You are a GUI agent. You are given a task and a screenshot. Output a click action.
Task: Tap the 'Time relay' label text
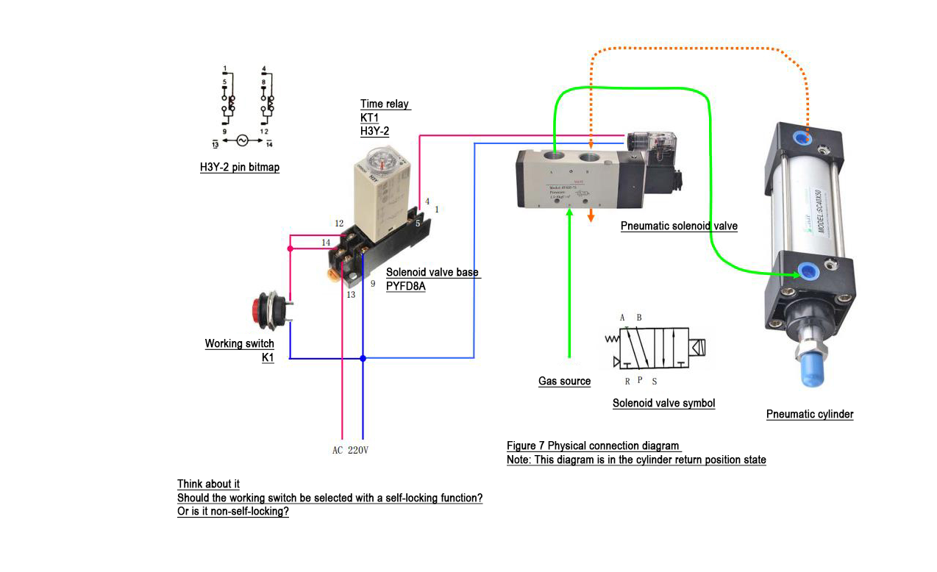385,104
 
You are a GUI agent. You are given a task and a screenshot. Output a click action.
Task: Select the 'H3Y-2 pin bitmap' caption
240,168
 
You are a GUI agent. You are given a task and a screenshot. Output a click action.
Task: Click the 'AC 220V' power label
350,450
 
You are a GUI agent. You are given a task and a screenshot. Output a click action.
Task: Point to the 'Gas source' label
564,382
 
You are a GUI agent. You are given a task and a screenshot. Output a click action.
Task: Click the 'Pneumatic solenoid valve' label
678,226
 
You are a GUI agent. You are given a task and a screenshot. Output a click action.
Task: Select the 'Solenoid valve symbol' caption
663,403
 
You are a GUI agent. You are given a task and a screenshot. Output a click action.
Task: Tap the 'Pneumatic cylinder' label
810,415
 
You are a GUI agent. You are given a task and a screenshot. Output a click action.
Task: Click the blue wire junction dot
363,359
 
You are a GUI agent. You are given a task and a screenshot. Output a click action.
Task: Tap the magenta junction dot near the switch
291,249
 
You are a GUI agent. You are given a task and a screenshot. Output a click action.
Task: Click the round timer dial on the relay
382,158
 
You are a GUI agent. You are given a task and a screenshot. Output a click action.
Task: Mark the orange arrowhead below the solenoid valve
591,216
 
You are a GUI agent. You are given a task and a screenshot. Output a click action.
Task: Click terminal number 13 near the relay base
351,295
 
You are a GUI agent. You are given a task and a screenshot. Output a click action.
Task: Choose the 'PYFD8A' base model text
405,286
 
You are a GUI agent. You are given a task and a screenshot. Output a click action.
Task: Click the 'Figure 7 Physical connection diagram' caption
594,446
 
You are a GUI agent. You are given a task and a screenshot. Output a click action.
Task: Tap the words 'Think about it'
208,485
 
